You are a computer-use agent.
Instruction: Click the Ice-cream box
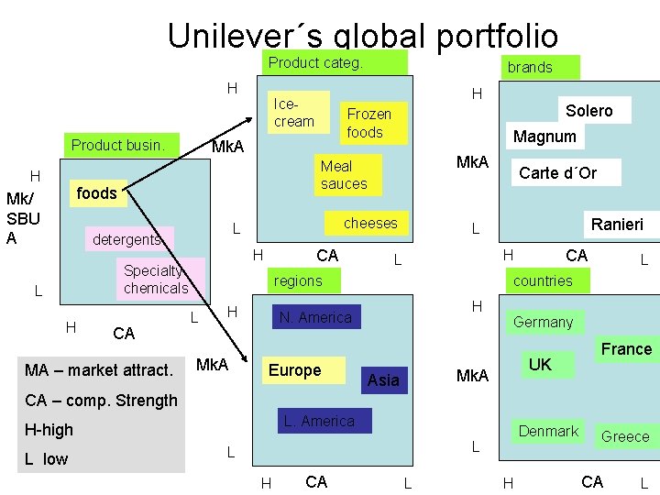[x=295, y=113]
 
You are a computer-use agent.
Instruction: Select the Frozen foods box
[x=368, y=123]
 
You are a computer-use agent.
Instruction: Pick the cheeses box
[x=370, y=224]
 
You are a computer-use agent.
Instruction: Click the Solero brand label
[x=588, y=111]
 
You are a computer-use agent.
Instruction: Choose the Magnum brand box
[x=545, y=137]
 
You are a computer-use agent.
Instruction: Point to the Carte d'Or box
[x=557, y=172]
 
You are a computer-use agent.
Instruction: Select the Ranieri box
[x=617, y=225]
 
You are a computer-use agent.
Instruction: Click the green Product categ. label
[x=315, y=63]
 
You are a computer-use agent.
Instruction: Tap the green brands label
[x=530, y=67]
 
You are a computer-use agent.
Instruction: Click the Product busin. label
[x=118, y=145]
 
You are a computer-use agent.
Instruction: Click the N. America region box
[x=314, y=318]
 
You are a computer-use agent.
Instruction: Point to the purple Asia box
[x=383, y=379]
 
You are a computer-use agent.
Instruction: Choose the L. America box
[x=319, y=422]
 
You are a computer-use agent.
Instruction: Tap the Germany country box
[x=543, y=322]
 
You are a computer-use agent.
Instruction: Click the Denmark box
[x=548, y=432]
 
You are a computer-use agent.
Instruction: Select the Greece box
[x=625, y=436]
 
